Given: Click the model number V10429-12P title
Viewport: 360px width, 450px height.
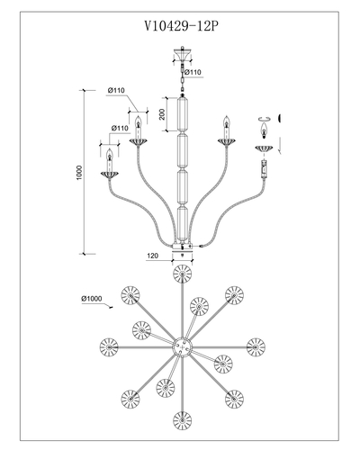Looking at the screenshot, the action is click(181, 26).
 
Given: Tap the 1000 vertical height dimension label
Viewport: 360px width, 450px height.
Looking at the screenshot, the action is click(79, 173).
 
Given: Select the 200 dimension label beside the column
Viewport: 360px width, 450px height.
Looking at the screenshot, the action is click(162, 114).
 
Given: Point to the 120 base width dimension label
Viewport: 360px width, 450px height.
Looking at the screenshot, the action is click(152, 256).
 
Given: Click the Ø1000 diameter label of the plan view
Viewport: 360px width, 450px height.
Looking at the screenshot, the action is click(92, 299).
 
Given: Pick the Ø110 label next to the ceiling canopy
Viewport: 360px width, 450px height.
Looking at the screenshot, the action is click(193, 72).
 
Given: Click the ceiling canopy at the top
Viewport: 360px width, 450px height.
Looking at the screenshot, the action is click(182, 55).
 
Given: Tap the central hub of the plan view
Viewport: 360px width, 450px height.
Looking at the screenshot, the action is click(182, 346).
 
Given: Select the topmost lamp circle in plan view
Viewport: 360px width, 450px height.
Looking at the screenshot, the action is click(182, 274).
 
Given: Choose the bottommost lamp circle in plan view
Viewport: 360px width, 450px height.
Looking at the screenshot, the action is click(182, 420).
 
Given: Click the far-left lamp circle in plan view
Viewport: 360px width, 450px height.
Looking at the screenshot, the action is click(109, 346).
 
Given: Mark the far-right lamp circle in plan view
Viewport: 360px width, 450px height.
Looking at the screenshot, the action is click(256, 346).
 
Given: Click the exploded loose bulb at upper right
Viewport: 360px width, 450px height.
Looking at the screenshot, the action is click(264, 130).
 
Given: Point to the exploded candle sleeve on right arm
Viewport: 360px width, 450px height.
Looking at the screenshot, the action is click(264, 169).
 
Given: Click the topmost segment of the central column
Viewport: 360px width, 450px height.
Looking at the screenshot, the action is click(183, 113).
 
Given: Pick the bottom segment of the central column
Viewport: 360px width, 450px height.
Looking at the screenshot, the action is click(183, 223).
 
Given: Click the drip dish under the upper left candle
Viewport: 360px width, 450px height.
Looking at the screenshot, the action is click(138, 141).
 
